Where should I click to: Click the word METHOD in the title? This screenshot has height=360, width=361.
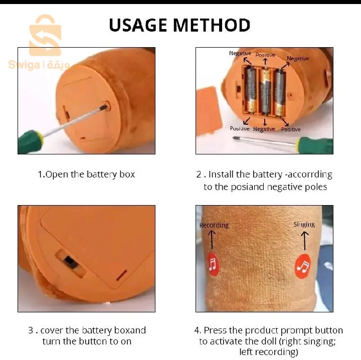[212, 25]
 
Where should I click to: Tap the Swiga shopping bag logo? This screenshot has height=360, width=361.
[45, 35]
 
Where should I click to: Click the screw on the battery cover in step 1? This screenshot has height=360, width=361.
[105, 107]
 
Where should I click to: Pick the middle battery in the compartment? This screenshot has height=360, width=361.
[265, 91]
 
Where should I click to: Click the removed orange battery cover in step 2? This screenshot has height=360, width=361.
[209, 111]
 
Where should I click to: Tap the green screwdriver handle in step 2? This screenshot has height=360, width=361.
[315, 145]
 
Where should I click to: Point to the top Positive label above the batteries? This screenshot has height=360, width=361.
[265, 55]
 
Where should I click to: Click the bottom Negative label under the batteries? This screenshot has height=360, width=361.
[264, 129]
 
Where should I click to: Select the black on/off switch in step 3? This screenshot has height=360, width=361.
[70, 262]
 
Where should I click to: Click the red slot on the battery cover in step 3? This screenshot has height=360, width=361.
[121, 275]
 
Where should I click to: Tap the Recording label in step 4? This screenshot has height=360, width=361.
[214, 225]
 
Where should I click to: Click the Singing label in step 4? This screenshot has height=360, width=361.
[304, 225]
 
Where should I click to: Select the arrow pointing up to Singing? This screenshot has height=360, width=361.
[305, 241]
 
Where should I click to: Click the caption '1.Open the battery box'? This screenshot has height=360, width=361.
[86, 174]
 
